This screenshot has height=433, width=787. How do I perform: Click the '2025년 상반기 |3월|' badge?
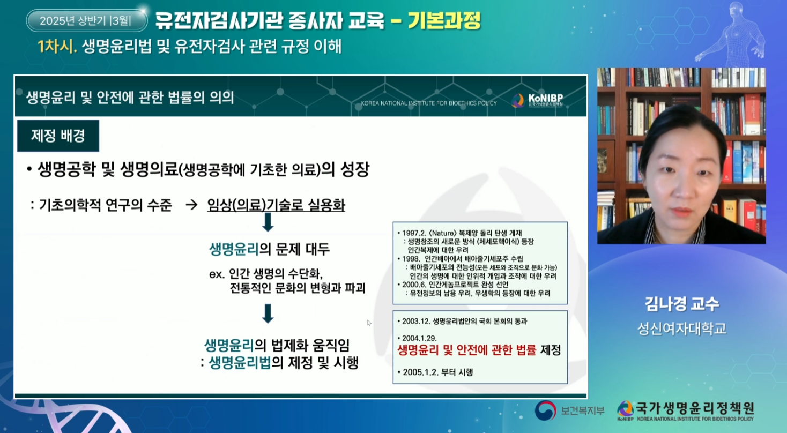[x=87, y=20]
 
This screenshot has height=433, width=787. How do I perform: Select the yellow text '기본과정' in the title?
[x=444, y=20]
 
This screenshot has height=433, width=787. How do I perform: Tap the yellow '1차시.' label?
[x=57, y=47]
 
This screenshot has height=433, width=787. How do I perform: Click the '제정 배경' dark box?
[x=58, y=136]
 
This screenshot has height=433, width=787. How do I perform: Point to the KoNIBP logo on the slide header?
[x=538, y=100]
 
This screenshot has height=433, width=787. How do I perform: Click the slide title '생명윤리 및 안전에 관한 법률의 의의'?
[x=130, y=98]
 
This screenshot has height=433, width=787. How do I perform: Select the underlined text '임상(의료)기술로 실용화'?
[x=276, y=205]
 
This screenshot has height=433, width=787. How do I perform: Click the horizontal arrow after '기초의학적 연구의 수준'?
[x=191, y=205]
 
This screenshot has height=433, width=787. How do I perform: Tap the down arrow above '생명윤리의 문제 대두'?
[x=268, y=222]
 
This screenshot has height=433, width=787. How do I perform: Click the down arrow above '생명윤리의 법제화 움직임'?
[x=268, y=313]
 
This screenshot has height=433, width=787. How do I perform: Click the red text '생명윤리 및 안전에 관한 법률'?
[x=466, y=350]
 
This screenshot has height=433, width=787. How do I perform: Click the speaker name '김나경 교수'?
[x=681, y=304]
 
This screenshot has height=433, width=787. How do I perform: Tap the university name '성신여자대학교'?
[x=681, y=329]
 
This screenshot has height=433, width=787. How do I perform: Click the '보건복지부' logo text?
[x=582, y=410]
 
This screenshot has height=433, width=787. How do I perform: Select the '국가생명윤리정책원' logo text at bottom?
[x=695, y=408]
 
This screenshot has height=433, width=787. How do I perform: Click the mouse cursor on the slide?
[x=369, y=323]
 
